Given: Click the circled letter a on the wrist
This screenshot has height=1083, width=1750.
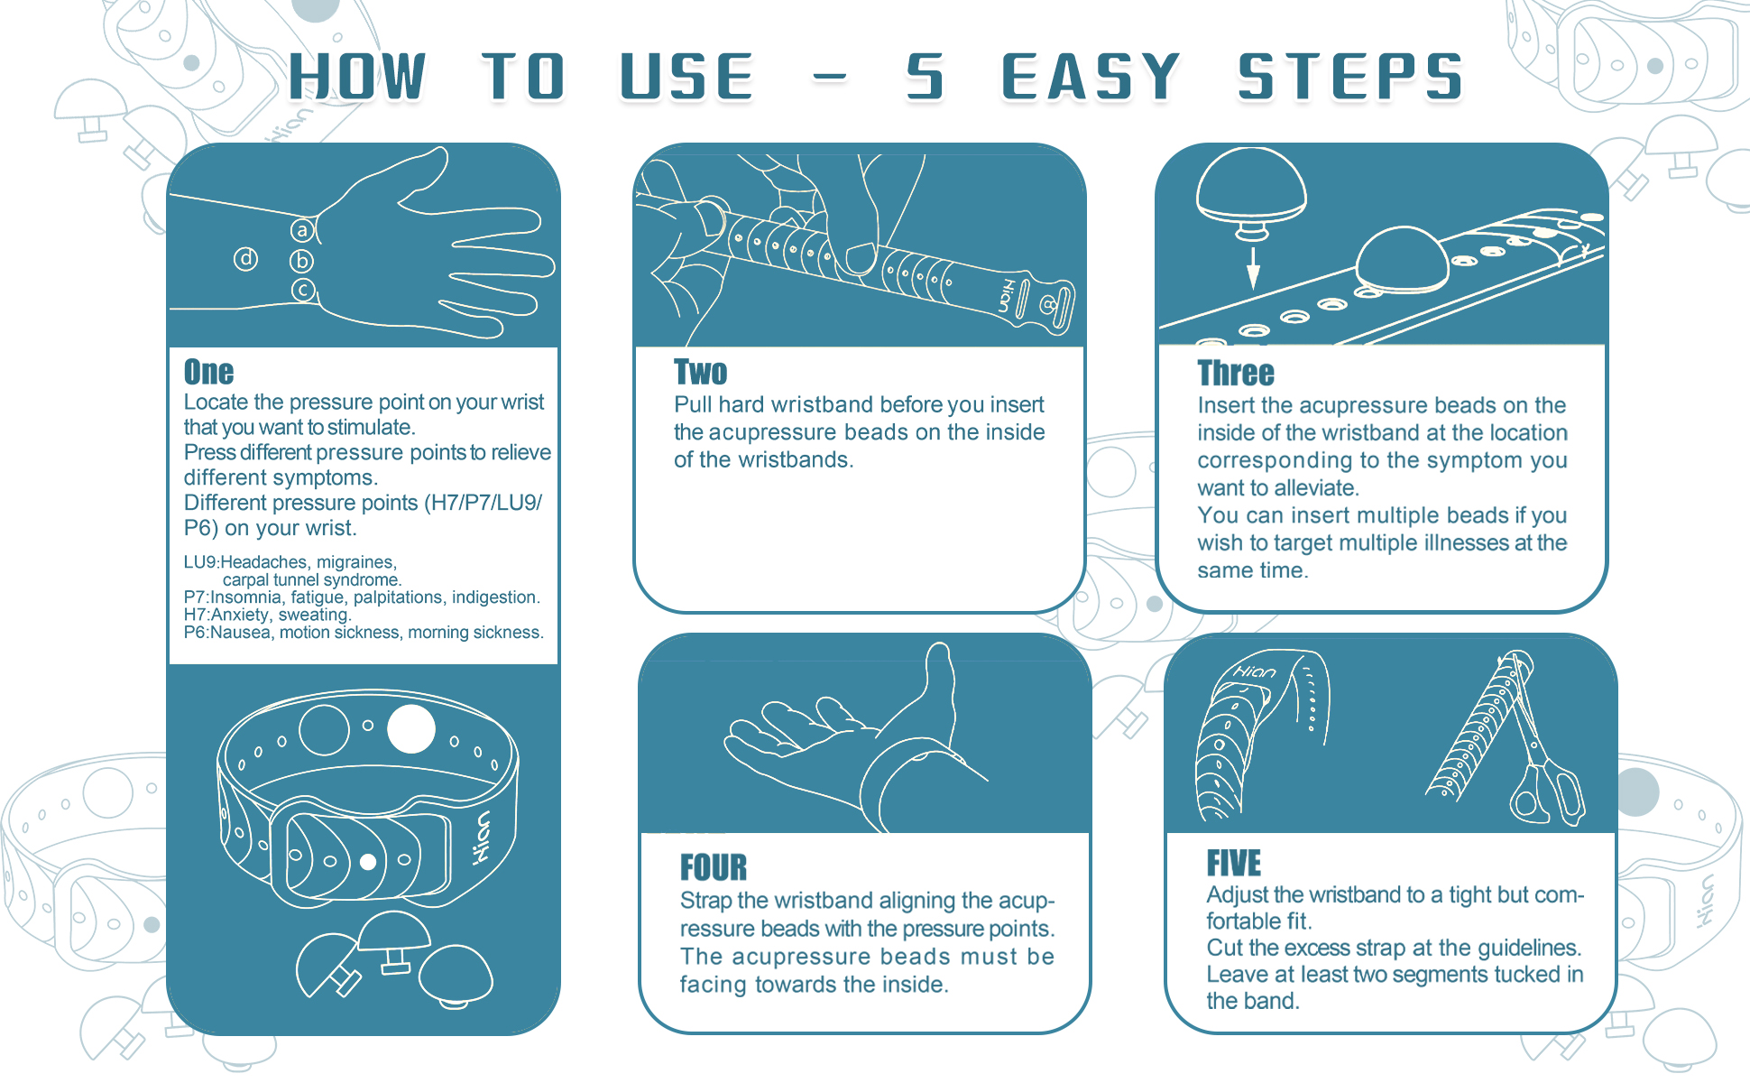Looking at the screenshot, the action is tap(302, 231).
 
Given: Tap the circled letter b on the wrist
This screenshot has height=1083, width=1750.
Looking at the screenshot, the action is tap(301, 261).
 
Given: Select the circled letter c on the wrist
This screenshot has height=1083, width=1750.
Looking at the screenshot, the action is tap(303, 291).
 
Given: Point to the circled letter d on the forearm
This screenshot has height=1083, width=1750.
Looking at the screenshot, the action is tap(245, 259).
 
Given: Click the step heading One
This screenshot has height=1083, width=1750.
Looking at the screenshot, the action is tap(208, 372).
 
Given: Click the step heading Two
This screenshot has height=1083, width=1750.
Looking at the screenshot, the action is tap(700, 372).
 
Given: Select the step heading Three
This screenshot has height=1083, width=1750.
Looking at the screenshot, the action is tap(1236, 373).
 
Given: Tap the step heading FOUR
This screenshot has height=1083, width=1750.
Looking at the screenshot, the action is tap(714, 867).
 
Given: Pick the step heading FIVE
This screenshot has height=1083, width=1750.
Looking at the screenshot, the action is tap(1234, 864).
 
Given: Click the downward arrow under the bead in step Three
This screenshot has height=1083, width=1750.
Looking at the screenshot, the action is tap(1253, 267).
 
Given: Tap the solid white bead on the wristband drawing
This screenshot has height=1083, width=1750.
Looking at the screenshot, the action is tap(411, 729).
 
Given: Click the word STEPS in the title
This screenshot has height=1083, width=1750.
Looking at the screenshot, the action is tap(1349, 77).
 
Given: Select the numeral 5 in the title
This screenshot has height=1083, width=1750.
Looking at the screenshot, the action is tap(926, 77).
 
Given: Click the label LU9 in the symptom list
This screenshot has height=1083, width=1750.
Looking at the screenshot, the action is tap(200, 562).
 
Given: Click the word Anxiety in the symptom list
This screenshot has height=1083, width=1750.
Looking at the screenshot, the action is tap(240, 615).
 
